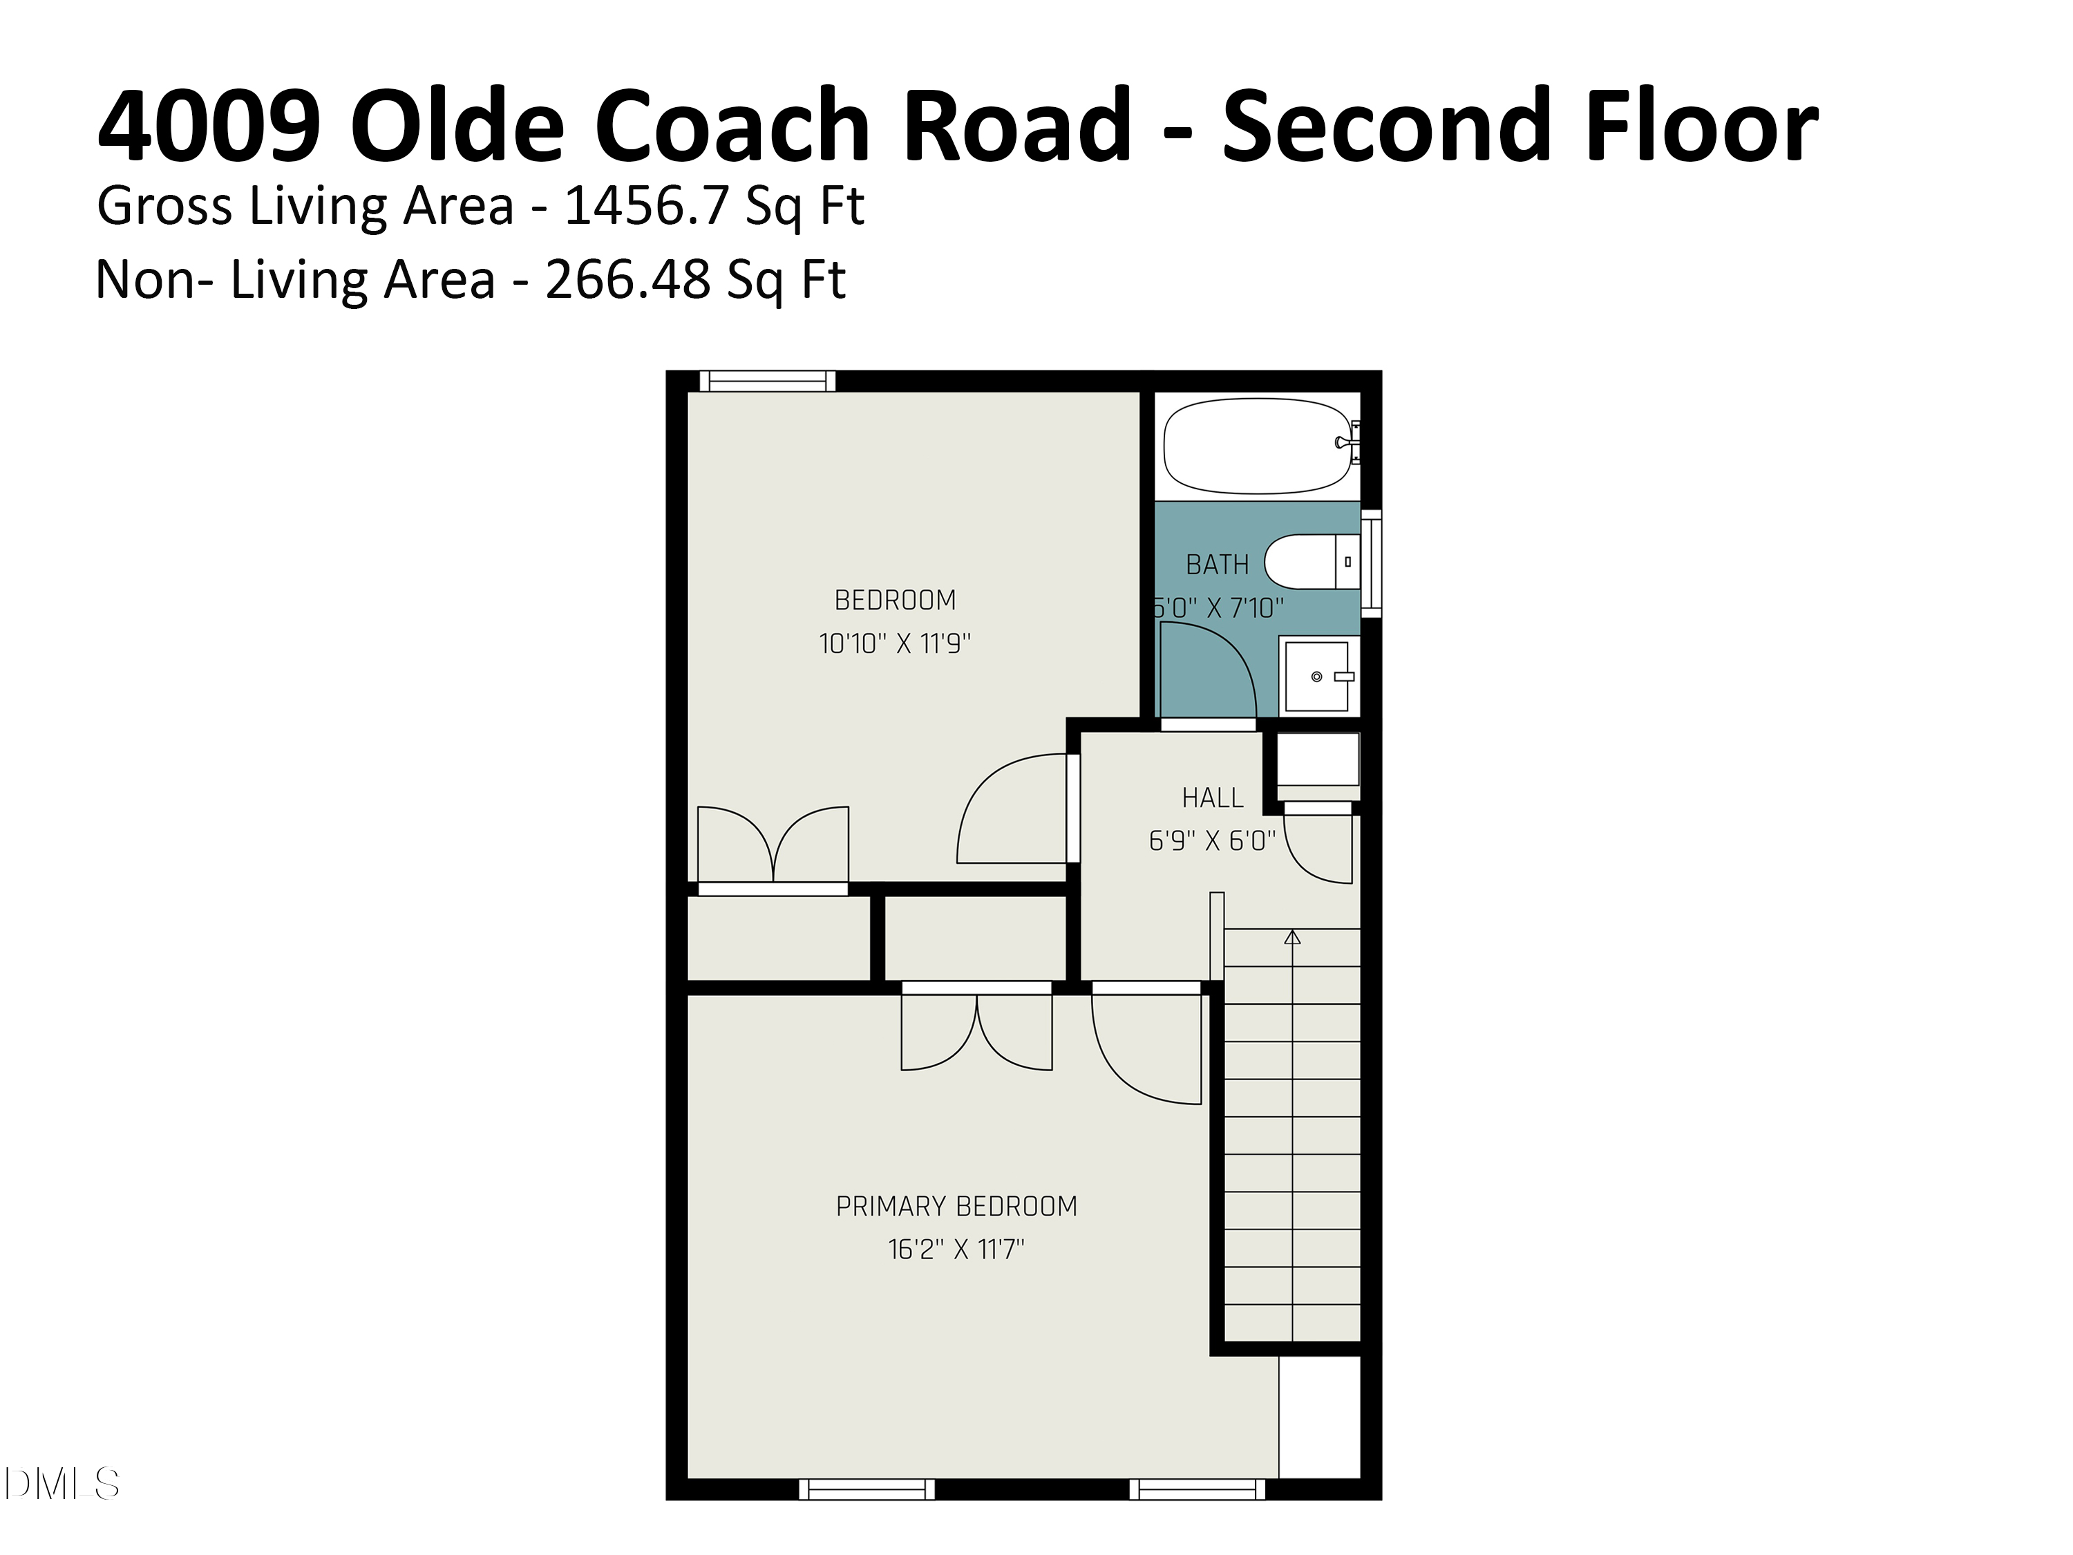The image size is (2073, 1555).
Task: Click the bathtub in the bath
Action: (1256, 446)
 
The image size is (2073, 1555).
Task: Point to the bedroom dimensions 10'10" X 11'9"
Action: (894, 644)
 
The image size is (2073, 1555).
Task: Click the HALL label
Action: (1212, 798)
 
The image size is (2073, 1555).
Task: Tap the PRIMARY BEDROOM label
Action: (956, 1205)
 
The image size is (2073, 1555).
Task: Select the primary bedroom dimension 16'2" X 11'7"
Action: (956, 1250)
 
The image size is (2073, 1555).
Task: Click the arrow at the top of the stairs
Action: (1292, 936)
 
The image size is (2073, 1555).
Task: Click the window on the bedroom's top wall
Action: (766, 381)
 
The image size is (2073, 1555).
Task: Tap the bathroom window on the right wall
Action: (1370, 563)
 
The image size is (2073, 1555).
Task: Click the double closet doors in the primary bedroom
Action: (976, 1031)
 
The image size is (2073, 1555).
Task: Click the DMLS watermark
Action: (61, 1484)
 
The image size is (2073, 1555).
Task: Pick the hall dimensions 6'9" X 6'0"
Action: (1212, 841)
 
